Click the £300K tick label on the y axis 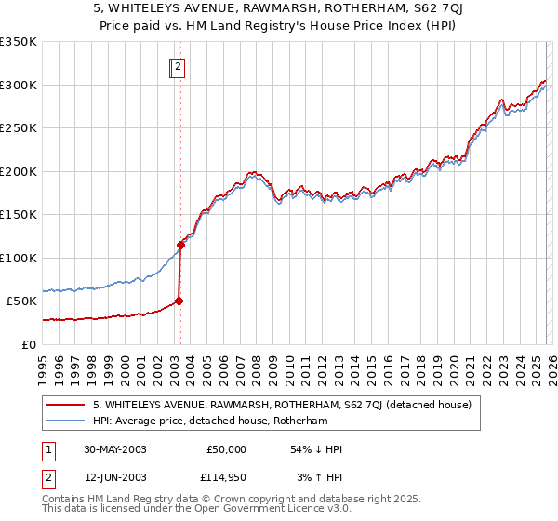[x=19, y=85]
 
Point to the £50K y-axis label [x=21, y=301]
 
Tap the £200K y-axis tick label [x=19, y=171]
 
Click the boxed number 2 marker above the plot [x=178, y=66]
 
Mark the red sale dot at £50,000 [x=179, y=301]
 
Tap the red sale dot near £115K [x=180, y=245]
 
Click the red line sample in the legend [x=67, y=405]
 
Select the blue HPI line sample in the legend [x=67, y=421]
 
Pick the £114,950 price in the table [x=226, y=477]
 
